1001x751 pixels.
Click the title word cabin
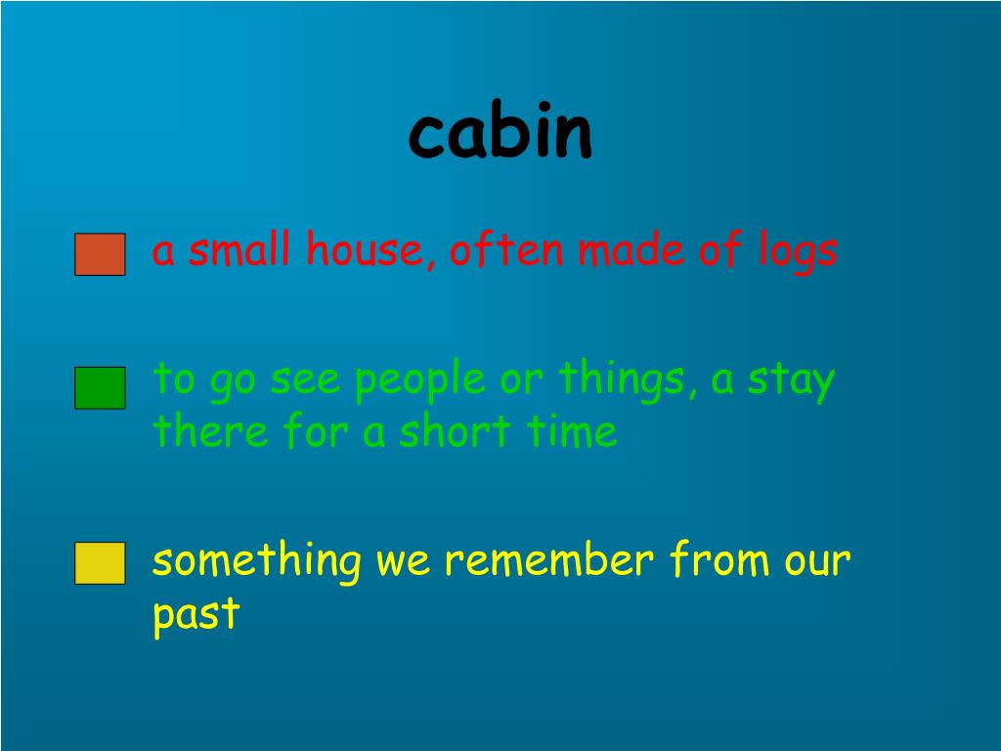pos(500,134)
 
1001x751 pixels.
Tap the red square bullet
pos(100,254)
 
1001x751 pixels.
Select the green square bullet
pos(100,387)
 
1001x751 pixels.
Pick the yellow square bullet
pos(100,563)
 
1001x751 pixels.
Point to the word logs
pos(798,252)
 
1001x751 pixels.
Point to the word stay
pos(791,381)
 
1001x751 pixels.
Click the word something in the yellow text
pos(257,562)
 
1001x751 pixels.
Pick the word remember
pos(547,562)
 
